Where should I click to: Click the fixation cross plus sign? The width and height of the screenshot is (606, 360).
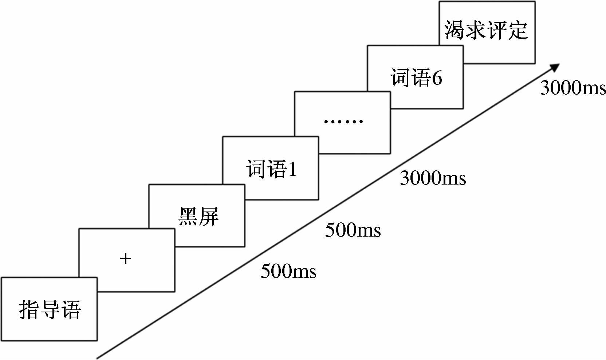click(x=125, y=259)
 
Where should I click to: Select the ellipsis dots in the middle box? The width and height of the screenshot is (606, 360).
click(x=343, y=121)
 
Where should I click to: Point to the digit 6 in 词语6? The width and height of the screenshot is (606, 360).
click(x=437, y=78)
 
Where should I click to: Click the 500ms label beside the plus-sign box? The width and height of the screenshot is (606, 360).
click(x=288, y=272)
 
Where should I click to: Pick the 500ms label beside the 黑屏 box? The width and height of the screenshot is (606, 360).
click(x=353, y=230)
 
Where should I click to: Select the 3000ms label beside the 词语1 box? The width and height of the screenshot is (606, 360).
click(x=433, y=178)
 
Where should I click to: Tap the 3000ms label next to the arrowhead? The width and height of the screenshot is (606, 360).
click(x=573, y=88)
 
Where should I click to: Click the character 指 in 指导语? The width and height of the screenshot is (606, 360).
click(x=29, y=310)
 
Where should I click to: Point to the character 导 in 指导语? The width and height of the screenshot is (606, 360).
click(x=50, y=310)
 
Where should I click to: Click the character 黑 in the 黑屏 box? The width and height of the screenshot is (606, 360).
click(x=188, y=216)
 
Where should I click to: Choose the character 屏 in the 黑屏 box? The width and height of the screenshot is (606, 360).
click(x=209, y=216)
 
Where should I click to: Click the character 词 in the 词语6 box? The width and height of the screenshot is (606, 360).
click(x=401, y=78)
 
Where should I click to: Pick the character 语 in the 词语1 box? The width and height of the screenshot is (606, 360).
click(x=278, y=169)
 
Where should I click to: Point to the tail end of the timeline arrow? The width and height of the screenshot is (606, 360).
click(x=98, y=358)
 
